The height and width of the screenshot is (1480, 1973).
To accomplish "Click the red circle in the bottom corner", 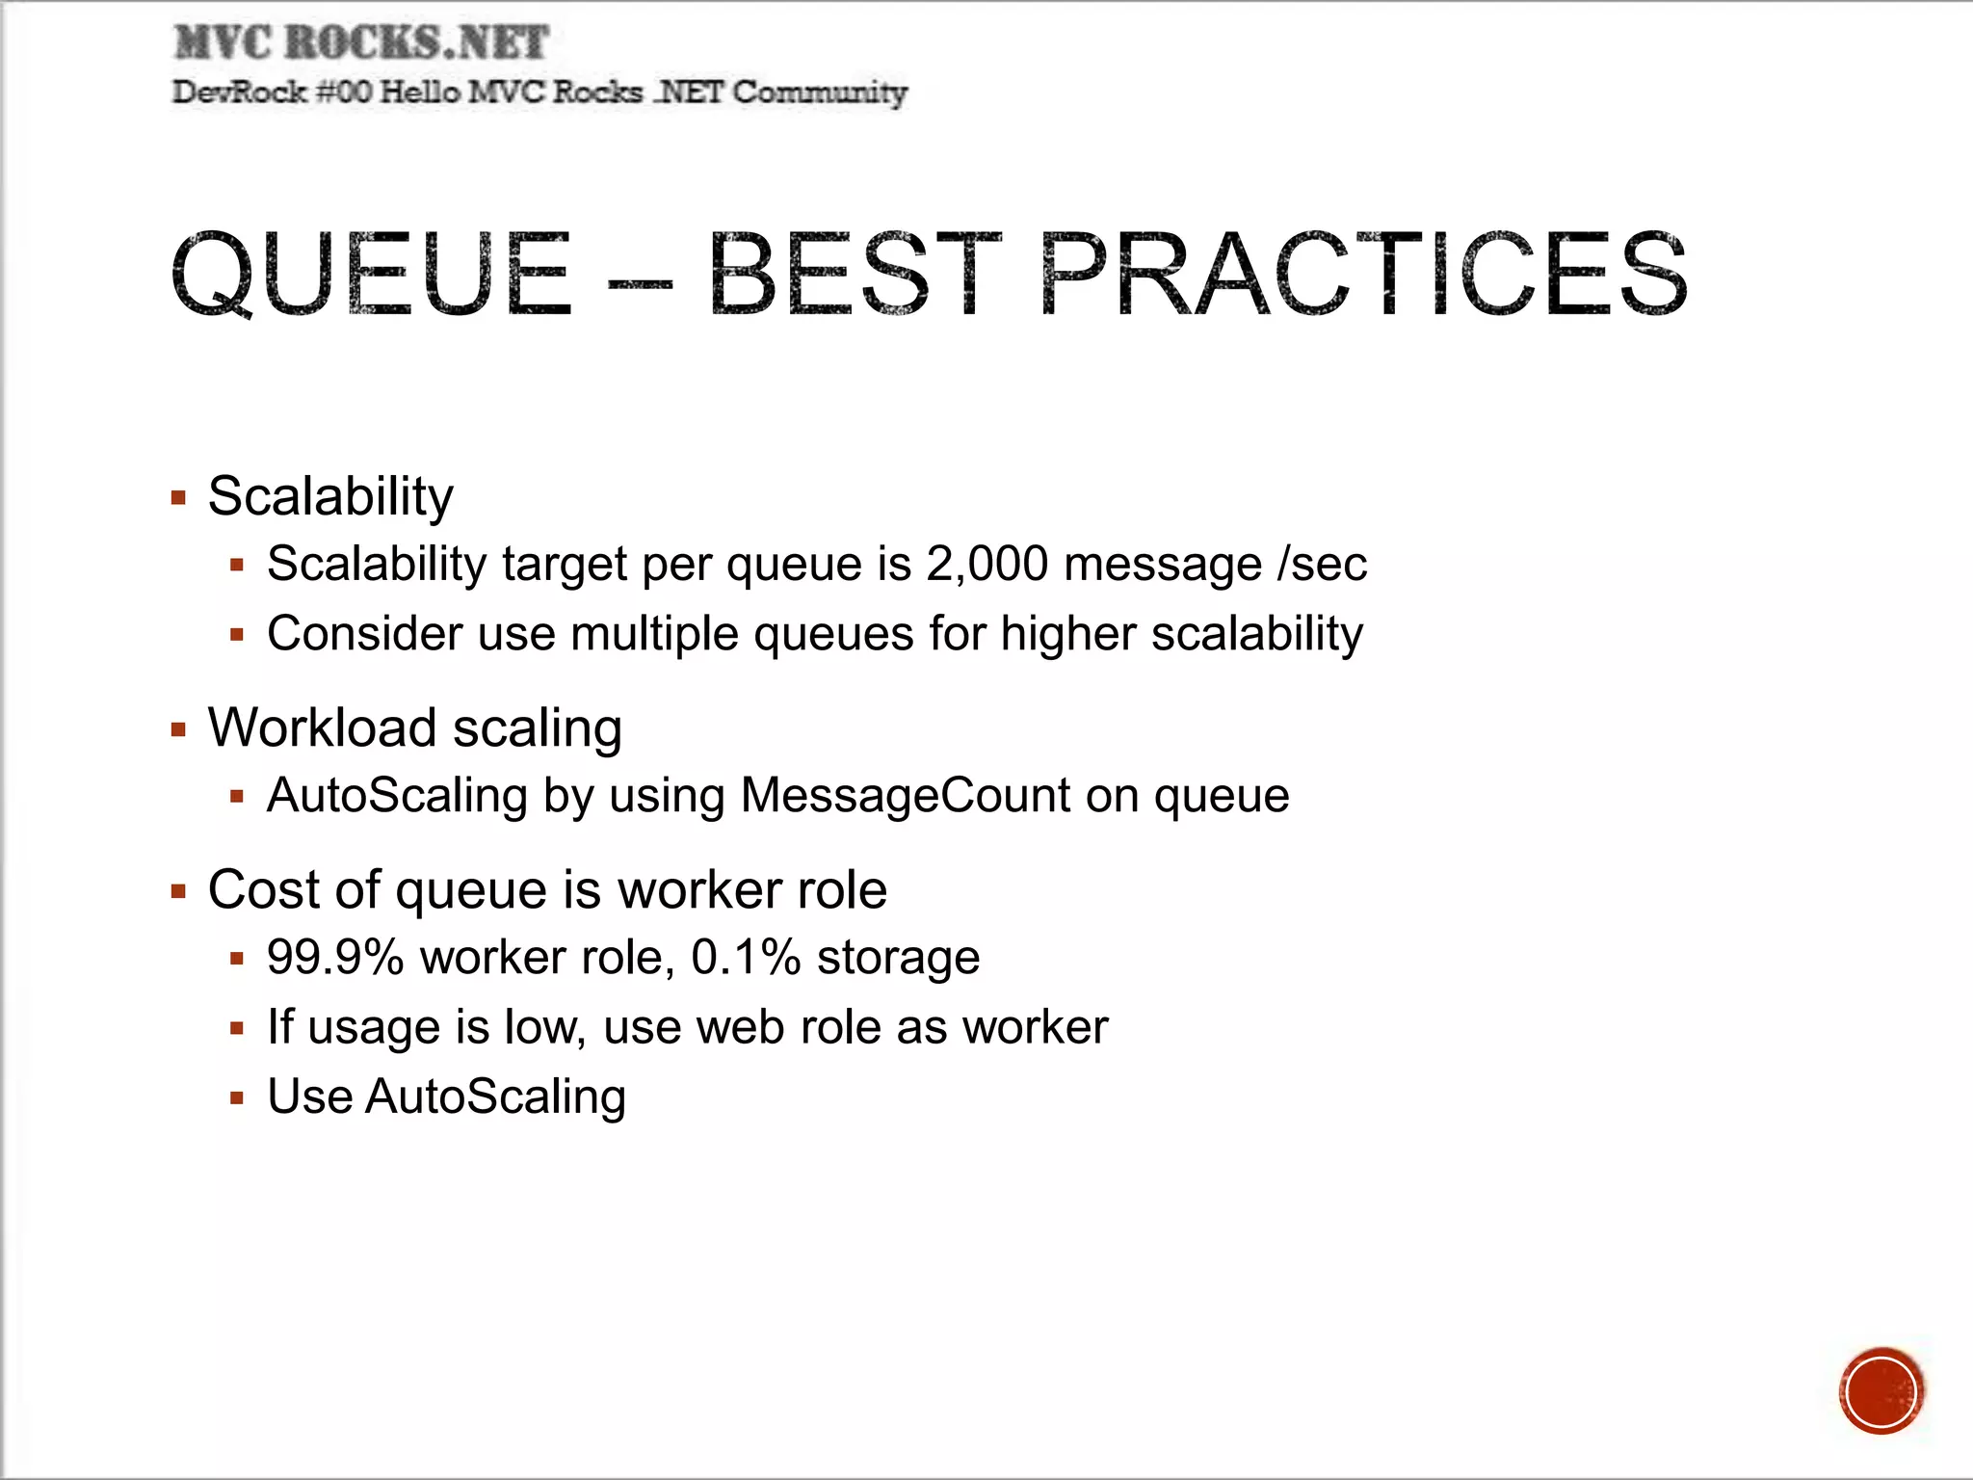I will (1881, 1390).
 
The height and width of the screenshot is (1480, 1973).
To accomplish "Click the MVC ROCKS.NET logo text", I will (361, 42).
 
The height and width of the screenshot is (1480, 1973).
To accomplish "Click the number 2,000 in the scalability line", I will (986, 564).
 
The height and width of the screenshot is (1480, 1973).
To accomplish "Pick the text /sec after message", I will (1322, 564).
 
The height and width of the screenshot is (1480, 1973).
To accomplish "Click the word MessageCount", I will (905, 796).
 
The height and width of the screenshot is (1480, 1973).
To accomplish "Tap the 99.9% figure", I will (335, 958).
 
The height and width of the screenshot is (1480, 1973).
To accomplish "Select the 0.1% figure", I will (746, 958).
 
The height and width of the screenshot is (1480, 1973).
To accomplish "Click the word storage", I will (898, 958).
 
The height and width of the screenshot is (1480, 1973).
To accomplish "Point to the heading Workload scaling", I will (414, 727).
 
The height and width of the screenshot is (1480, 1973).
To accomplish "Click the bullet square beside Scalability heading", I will (178, 498).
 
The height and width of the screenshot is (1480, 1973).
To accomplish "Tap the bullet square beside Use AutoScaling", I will (237, 1097).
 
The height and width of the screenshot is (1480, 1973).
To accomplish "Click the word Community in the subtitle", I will (819, 92).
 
